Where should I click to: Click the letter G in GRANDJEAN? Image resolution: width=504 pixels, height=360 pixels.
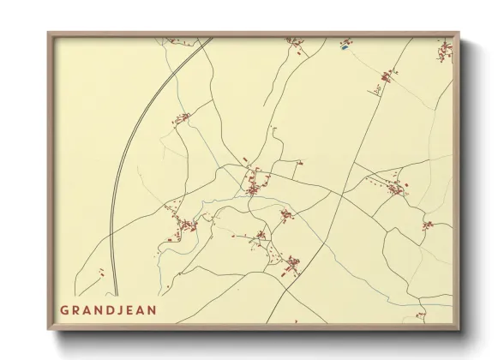[64, 310]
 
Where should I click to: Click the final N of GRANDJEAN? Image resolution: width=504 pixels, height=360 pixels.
[153, 310]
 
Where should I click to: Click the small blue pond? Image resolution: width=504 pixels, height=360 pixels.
[345, 48]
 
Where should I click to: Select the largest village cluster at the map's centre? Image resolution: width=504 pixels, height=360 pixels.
[255, 183]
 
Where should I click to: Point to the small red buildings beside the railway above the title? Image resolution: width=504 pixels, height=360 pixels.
[101, 273]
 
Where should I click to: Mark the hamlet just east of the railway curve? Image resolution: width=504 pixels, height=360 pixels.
[182, 117]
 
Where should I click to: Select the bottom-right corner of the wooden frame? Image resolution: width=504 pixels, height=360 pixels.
[459, 328]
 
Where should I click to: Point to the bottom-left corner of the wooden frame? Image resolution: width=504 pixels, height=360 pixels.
[50, 328]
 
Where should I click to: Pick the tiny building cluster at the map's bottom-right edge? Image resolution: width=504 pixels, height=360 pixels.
[421, 315]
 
